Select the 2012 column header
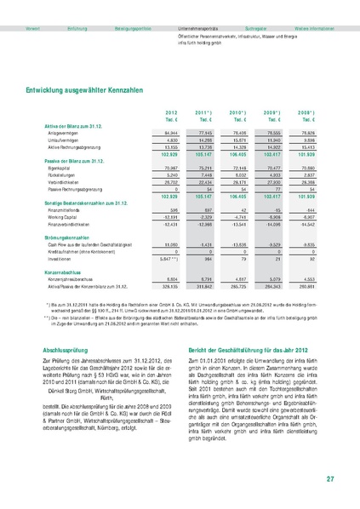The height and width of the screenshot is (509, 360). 171,112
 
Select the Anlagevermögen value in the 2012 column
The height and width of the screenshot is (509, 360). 170,133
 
